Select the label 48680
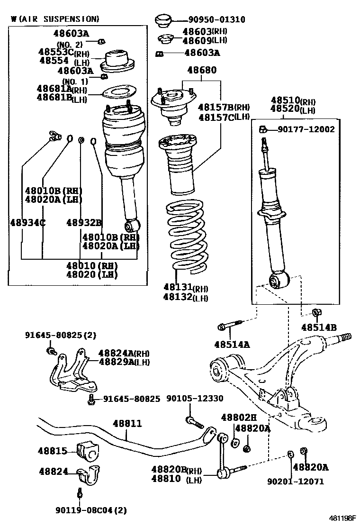pyautogui.click(x=201, y=70)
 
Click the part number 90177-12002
pyautogui.click(x=306, y=129)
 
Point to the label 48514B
pyautogui.click(x=318, y=327)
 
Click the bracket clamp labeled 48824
pyautogui.click(x=90, y=475)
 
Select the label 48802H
pyautogui.click(x=238, y=417)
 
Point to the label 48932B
pyautogui.click(x=84, y=222)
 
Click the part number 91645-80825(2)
pyautogui.click(x=60, y=335)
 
